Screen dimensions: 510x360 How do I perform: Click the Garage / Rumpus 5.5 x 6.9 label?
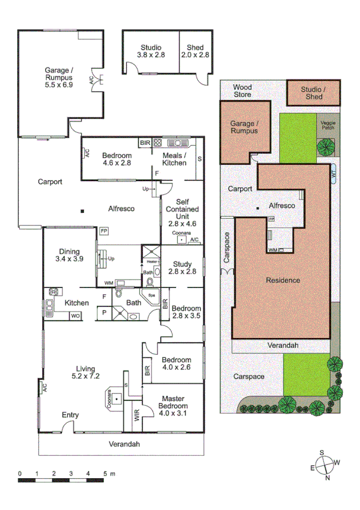coord(58,77)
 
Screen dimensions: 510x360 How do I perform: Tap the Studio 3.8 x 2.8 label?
coord(151,51)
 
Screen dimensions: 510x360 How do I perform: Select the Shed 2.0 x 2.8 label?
coord(195,51)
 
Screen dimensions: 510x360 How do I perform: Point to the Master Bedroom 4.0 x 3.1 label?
coord(172,405)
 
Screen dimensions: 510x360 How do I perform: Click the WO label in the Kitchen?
coord(75,315)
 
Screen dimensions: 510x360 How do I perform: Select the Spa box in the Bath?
coord(151,296)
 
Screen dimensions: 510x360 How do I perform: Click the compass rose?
coord(325,465)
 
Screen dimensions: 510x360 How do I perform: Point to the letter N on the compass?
coord(327,479)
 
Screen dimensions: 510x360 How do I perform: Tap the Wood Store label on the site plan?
coord(243,91)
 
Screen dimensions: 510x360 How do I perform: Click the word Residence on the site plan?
coord(283,280)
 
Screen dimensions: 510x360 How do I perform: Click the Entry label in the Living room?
coord(70,415)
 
